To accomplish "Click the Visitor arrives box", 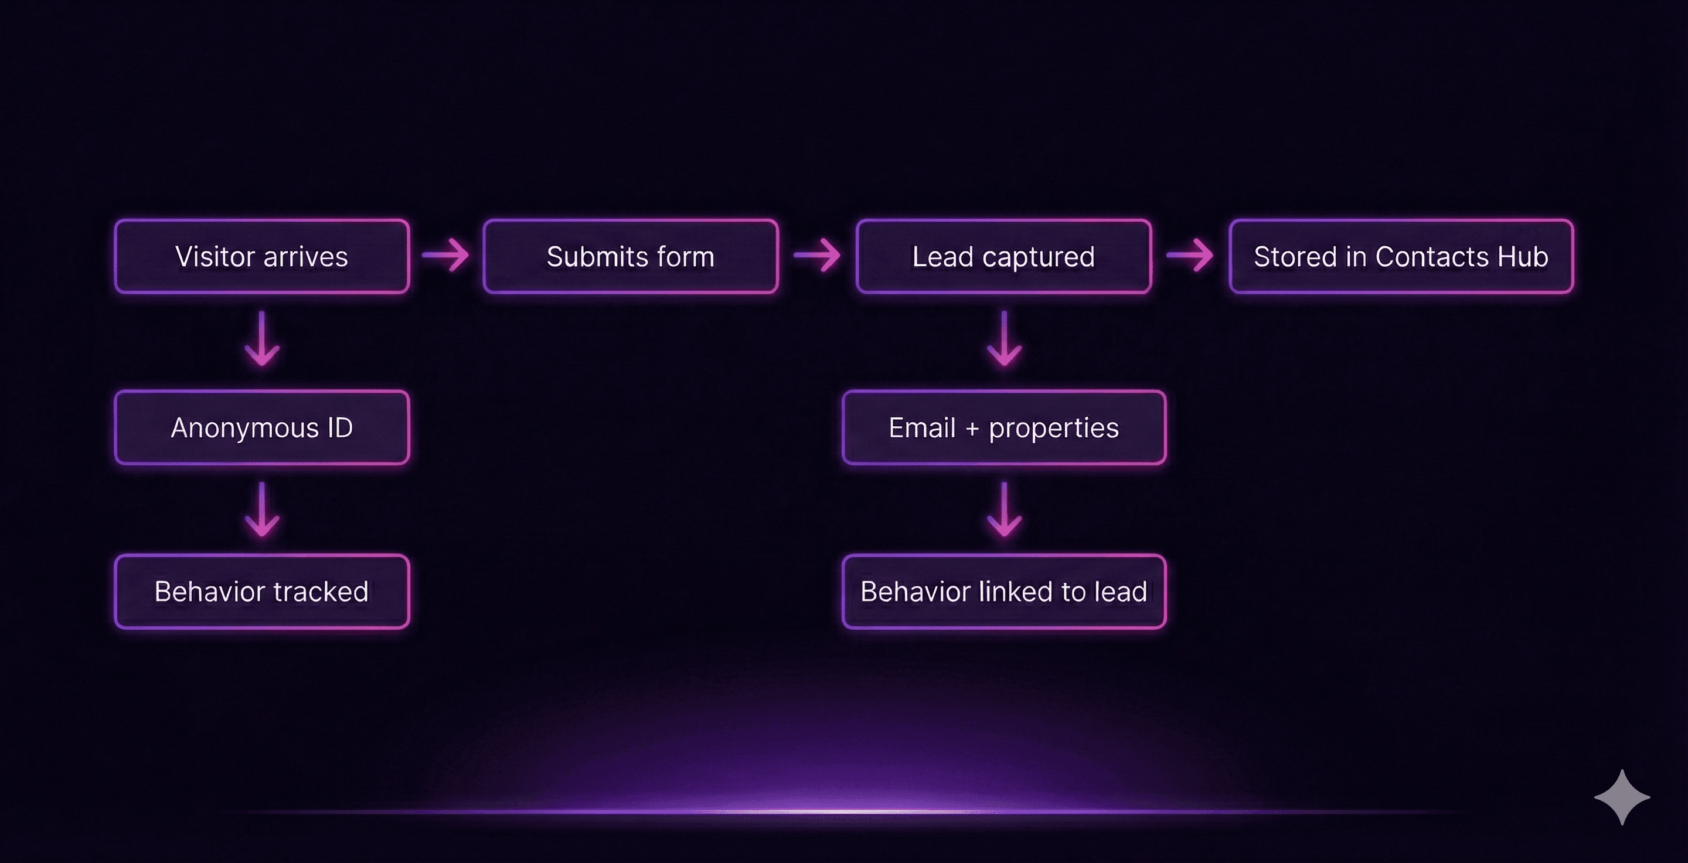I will [261, 256].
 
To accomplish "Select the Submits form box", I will [631, 256].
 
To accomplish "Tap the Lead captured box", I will [1003, 256].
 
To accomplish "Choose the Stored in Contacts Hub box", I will [1401, 256].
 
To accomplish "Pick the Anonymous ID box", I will [261, 427].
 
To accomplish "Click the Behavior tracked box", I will [261, 591].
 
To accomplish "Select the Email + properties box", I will [1003, 427].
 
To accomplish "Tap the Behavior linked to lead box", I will [1003, 591].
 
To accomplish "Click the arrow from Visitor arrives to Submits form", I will [445, 255].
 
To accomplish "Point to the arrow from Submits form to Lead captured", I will [816, 255].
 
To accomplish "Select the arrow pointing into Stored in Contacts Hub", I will [1189, 255].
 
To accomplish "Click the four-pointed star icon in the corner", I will [1622, 797].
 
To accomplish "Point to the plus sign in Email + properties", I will [972, 429].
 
